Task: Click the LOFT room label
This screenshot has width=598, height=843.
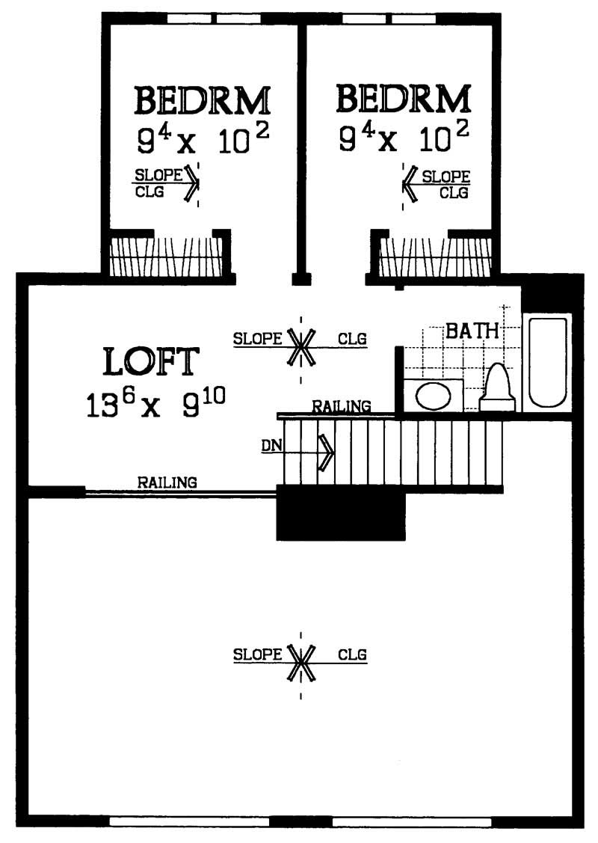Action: (x=152, y=362)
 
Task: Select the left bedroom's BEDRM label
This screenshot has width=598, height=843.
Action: (x=202, y=100)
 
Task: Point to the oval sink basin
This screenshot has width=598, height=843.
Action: (x=434, y=396)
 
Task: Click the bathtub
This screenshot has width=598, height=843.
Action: (x=547, y=363)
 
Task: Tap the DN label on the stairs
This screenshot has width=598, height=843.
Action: (x=271, y=447)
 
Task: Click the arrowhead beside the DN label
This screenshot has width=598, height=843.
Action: (x=326, y=453)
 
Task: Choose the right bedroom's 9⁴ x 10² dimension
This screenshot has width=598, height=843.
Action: (x=404, y=139)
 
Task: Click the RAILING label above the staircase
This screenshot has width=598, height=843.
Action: (x=341, y=407)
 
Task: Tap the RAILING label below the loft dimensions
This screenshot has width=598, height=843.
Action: (x=167, y=482)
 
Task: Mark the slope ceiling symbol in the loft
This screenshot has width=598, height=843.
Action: (x=301, y=346)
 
